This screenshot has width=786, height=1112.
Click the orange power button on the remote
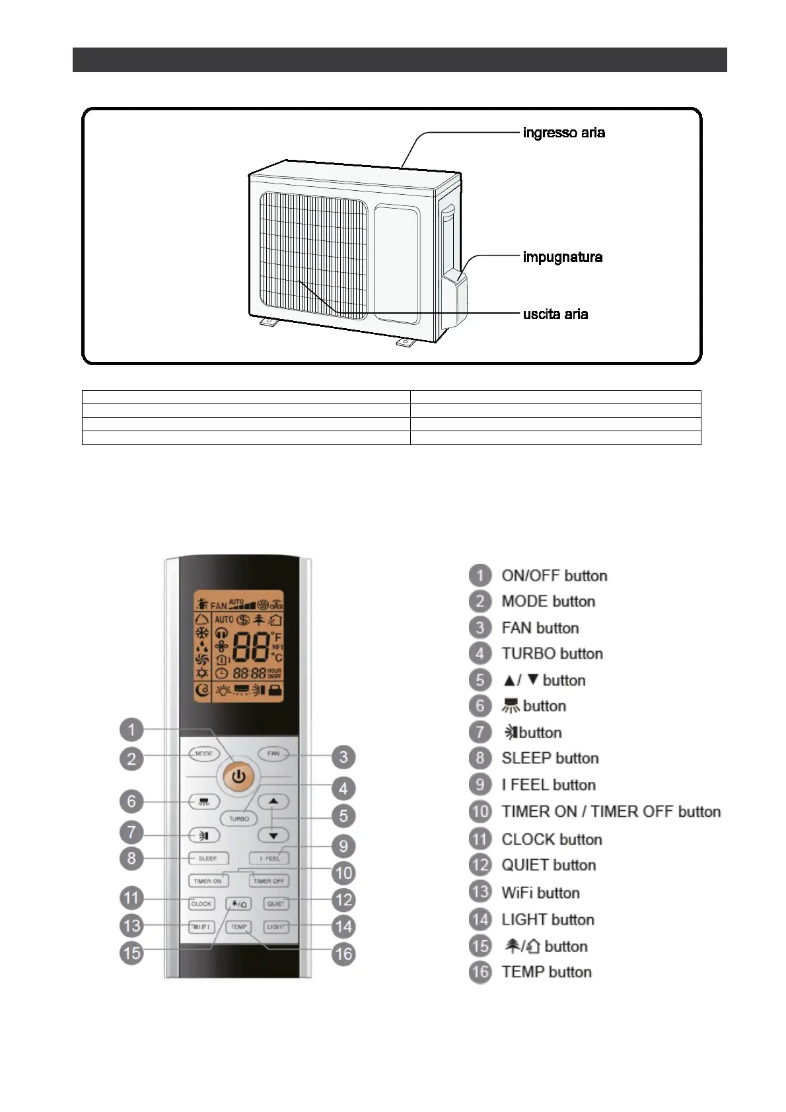point(238,777)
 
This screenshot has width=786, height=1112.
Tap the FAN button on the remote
point(273,753)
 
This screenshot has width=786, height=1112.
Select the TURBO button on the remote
point(238,818)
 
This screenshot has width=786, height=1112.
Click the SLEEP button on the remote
point(207,858)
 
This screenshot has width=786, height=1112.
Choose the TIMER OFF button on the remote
point(269,881)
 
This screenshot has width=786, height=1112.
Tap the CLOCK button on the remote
point(201,903)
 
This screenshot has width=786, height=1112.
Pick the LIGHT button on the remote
point(276,926)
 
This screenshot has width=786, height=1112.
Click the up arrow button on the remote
point(274,802)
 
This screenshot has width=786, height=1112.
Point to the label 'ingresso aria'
point(563,133)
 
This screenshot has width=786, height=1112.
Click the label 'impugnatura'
point(562,257)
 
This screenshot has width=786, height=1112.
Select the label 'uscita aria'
point(555,314)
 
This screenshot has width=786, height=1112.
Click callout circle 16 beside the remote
point(343,954)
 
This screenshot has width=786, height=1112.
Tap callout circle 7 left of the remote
point(131,832)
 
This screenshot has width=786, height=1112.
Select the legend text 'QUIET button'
point(548,865)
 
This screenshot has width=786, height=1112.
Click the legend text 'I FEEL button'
point(548,785)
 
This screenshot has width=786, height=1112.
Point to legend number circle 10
point(480,812)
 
